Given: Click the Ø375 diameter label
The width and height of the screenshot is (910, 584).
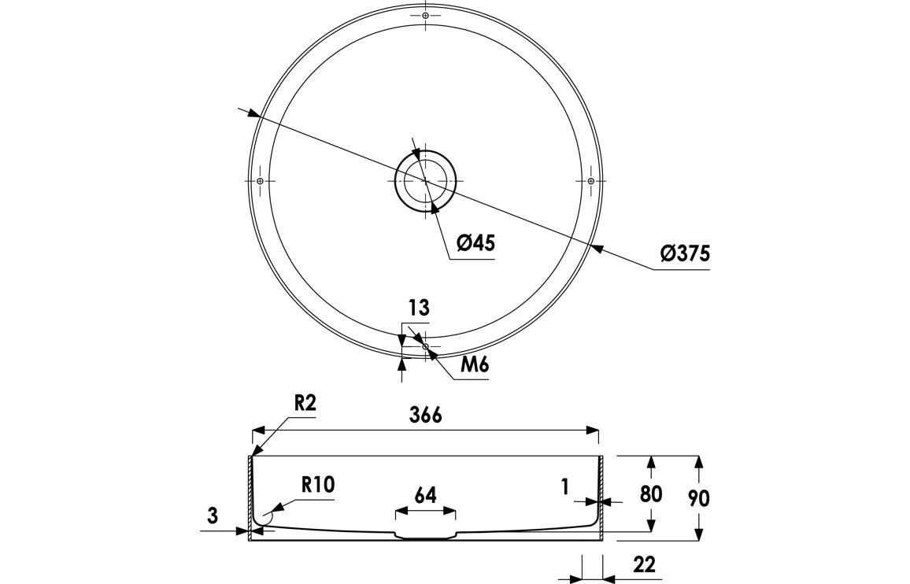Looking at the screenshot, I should click(x=686, y=253).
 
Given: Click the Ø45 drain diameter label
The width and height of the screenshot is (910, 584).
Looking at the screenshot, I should click(x=475, y=243).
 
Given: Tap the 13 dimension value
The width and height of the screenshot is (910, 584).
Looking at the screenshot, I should click(x=419, y=308).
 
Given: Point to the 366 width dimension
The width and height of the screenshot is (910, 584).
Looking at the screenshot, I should click(x=425, y=415).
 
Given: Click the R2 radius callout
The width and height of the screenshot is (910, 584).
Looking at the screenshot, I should click(x=305, y=403).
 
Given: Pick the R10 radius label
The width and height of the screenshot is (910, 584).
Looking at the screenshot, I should click(x=318, y=485).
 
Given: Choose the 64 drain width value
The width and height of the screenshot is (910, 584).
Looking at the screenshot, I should click(x=425, y=495).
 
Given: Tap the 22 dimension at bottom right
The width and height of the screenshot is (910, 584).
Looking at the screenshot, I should click(x=642, y=564).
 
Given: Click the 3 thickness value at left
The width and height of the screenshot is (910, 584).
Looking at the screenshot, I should click(x=212, y=516).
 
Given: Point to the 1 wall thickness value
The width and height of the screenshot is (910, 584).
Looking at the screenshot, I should click(x=565, y=488).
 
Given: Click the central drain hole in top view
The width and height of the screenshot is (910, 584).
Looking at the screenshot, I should click(x=425, y=180).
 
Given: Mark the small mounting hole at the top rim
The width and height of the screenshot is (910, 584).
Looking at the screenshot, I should click(x=425, y=15).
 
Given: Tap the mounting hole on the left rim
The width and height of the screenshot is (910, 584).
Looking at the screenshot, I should click(x=260, y=181).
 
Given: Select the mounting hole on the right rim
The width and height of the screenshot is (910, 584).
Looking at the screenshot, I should click(x=590, y=181).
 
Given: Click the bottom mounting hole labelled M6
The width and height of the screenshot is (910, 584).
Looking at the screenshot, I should click(x=425, y=346).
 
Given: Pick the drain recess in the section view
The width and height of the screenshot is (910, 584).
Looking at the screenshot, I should click(x=425, y=537).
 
